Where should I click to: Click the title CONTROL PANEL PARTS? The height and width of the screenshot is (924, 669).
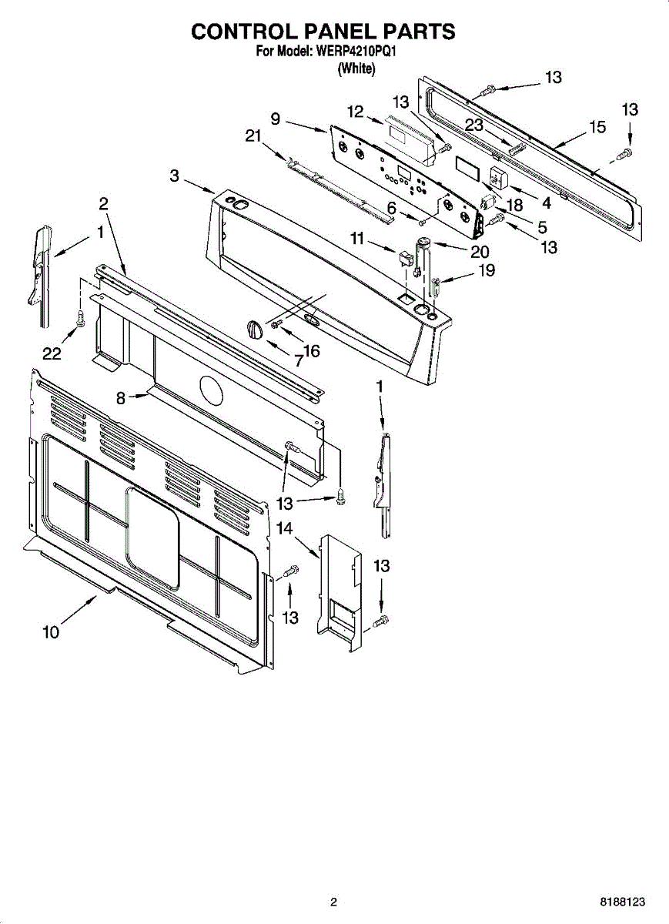[x=323, y=31]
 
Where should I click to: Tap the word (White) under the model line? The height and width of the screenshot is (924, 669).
[x=356, y=69]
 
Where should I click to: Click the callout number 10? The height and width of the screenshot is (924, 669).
[x=51, y=632]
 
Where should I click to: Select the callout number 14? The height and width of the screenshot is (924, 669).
[x=285, y=528]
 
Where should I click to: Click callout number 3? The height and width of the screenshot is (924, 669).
[x=175, y=176]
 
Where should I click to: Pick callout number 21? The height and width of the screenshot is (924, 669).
[x=254, y=136]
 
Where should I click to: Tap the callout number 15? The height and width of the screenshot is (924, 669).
[x=597, y=127]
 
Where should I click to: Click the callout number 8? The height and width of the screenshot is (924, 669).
[x=120, y=397]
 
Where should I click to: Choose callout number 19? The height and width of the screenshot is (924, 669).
[x=485, y=270]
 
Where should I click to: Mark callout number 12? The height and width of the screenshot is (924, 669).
[x=354, y=112]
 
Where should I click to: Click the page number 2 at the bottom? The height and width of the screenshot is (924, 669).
[x=333, y=902]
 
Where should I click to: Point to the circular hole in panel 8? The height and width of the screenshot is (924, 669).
[x=211, y=390]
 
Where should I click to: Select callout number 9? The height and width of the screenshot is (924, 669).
[x=275, y=119]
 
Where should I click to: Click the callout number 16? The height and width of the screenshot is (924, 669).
[x=311, y=351]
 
